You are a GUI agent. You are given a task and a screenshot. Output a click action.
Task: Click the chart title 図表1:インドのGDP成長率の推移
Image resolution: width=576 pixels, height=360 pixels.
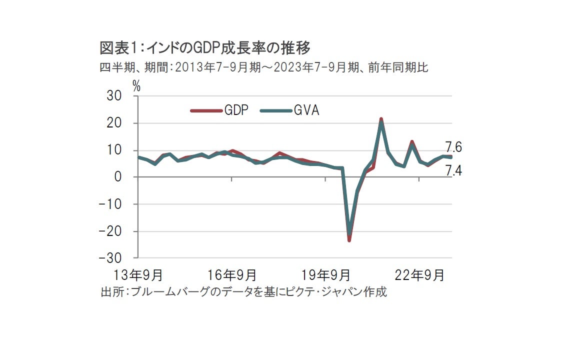point(205,48)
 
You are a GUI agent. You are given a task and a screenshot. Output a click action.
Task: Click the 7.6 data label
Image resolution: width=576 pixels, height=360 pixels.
point(453,147)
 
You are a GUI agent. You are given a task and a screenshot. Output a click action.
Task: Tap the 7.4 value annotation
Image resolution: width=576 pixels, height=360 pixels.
point(453,170)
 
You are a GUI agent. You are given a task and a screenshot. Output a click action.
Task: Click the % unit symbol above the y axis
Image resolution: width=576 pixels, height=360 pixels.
point(136,86)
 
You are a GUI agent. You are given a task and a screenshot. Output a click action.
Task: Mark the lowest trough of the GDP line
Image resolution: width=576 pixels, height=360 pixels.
point(349,240)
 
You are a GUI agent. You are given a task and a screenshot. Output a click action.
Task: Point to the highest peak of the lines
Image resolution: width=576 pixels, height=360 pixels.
point(381,119)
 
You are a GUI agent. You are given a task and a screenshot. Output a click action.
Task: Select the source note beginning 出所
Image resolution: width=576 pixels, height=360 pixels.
point(244,291)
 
